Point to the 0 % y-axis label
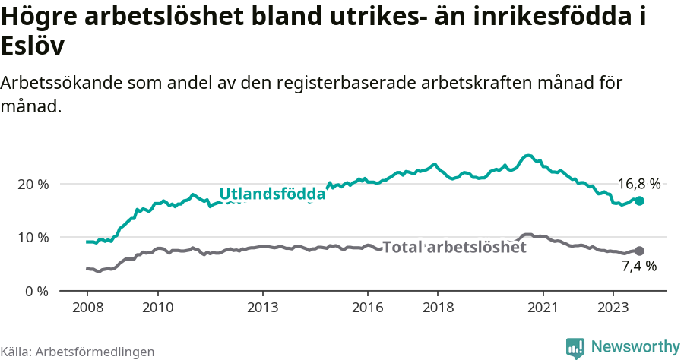pos(36,290)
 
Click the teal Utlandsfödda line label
pos(272,194)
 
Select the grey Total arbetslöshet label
pos(454,247)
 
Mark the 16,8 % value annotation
pos(638,184)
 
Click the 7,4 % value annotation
pos(638,266)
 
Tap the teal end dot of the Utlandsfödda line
pos(640,201)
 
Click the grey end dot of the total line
pos(639,251)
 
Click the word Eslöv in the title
pos(33,46)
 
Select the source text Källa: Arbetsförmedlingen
pos(78,352)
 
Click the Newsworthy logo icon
pos(575,347)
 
